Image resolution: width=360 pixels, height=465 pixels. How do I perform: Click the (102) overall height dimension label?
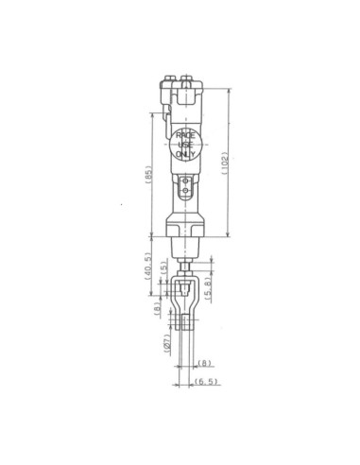tap(225, 164)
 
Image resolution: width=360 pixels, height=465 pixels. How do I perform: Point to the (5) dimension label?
tap(163, 267)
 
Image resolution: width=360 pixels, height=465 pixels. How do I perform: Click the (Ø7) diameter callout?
tap(167, 344)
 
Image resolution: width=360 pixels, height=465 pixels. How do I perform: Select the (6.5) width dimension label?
tap(206, 381)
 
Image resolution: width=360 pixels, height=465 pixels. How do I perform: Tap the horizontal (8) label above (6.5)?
tap(204, 363)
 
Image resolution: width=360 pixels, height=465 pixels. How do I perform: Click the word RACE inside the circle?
tap(185, 136)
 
